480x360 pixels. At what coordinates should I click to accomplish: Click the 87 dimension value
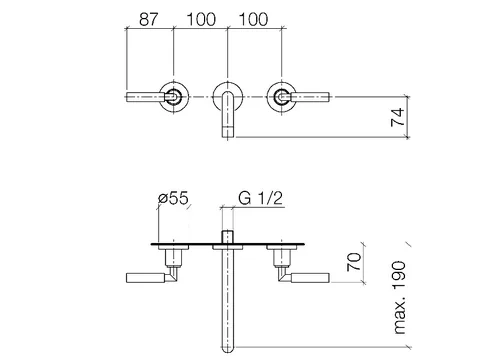[x=148, y=19]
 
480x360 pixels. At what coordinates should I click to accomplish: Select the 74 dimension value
[x=398, y=117]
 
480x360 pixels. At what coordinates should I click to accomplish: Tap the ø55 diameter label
[x=173, y=198]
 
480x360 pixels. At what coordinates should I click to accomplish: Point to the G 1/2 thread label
[x=260, y=198]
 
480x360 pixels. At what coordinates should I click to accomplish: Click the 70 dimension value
[x=354, y=262]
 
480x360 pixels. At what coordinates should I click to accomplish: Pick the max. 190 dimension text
[x=400, y=298]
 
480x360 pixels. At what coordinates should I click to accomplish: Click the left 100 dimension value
[x=201, y=19]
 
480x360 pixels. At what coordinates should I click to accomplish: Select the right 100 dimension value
[x=253, y=19]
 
